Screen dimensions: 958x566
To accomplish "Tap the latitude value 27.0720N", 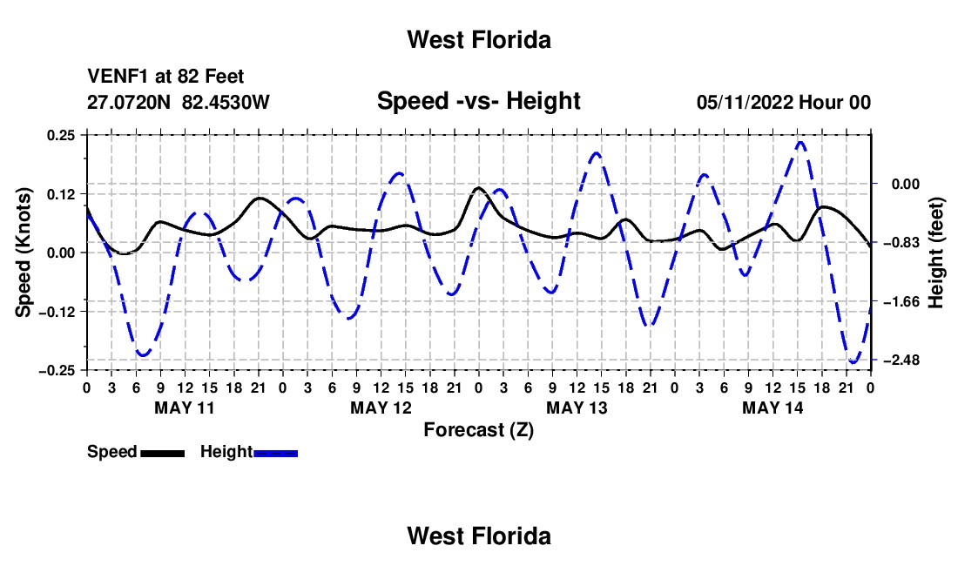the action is click(x=129, y=102).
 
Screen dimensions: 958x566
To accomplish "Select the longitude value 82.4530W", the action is click(x=226, y=102).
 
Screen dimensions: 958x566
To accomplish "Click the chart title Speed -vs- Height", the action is click(x=478, y=101).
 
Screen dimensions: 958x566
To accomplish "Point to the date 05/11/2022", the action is click(x=745, y=102).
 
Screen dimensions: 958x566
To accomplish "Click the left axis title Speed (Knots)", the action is click(x=24, y=253).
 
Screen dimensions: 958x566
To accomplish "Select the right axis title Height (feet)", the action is click(x=935, y=253).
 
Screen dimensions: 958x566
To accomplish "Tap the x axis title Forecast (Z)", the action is click(x=478, y=430).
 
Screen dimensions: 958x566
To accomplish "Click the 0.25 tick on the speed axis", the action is click(x=61, y=135).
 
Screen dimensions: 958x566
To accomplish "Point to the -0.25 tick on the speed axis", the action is click(x=57, y=371).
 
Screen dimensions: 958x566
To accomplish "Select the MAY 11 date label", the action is click(x=185, y=408).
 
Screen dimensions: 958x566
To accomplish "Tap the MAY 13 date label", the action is click(x=577, y=408).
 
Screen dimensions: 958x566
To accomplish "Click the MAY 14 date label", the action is click(x=772, y=408).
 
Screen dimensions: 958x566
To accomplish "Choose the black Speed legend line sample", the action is click(x=163, y=453).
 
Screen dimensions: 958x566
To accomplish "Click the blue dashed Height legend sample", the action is click(x=275, y=453).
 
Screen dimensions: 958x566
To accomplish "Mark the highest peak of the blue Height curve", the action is click(x=800, y=142).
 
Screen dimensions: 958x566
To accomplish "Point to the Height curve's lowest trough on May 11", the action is click(x=143, y=354).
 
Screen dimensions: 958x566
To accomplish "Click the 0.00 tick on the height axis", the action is click(x=906, y=185).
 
